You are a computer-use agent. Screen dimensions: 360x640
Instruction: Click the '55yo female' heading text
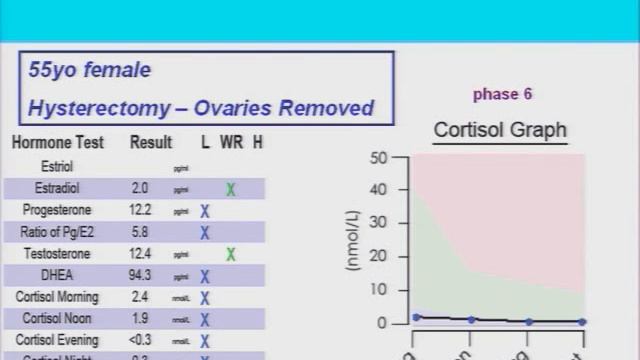(90, 70)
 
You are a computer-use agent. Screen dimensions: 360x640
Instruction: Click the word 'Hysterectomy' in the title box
(93, 107)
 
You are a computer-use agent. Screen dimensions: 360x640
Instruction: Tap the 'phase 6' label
(502, 95)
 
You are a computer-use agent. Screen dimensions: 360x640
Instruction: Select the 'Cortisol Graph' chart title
(500, 130)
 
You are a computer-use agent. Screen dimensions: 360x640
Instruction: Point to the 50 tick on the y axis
(378, 158)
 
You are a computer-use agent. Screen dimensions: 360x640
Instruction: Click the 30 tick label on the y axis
(378, 224)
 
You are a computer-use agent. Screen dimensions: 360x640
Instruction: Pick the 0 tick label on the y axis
(382, 323)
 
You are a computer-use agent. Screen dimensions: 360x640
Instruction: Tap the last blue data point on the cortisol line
(582, 322)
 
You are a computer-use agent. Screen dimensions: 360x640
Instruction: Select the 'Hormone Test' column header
(56, 143)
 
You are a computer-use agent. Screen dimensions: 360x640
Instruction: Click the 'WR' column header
(231, 143)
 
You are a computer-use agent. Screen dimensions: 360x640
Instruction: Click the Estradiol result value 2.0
(141, 188)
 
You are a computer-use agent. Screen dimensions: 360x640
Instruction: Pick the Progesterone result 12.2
(141, 210)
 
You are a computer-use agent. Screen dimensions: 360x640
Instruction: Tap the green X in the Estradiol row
(231, 189)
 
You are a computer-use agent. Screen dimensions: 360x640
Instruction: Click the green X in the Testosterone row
(231, 255)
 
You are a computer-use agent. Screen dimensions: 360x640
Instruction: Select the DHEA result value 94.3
(141, 276)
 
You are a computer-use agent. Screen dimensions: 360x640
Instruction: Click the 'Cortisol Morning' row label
(57, 297)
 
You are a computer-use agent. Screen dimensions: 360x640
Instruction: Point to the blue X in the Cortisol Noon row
(204, 320)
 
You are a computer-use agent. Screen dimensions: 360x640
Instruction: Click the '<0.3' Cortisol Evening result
(141, 341)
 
